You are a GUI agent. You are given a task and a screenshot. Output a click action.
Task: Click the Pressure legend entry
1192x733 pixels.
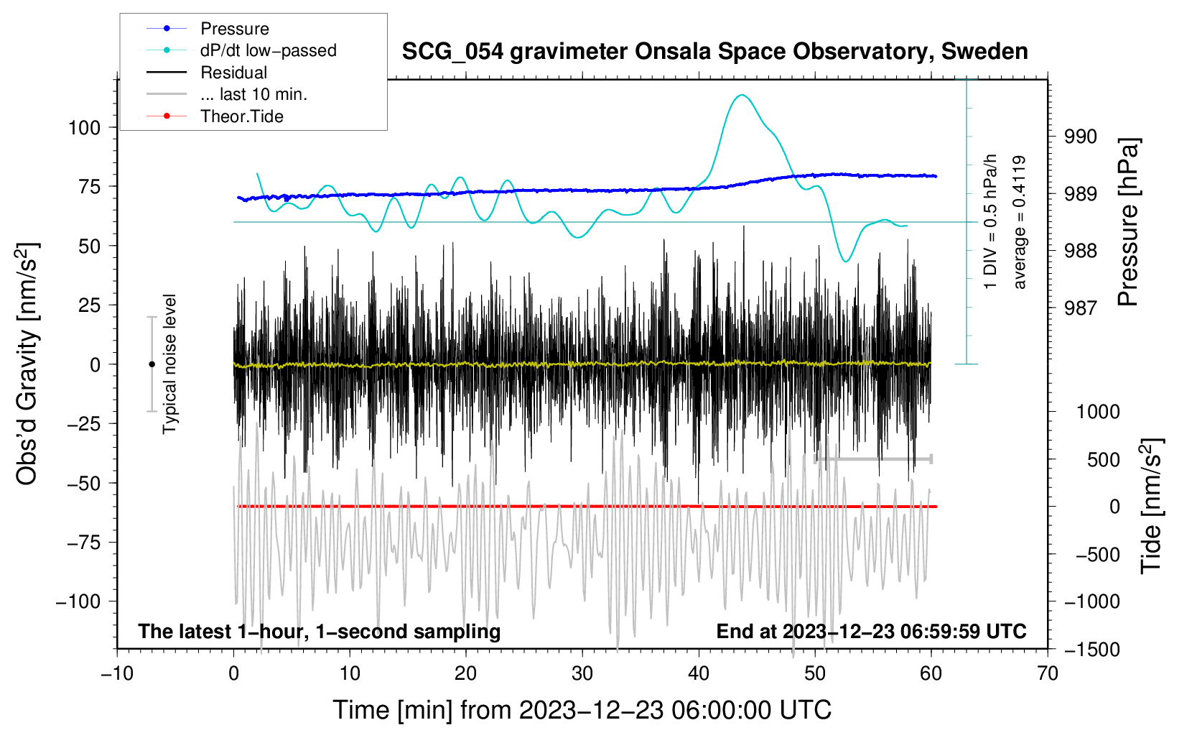click(x=234, y=29)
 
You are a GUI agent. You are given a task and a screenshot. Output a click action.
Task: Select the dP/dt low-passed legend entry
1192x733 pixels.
click(x=268, y=50)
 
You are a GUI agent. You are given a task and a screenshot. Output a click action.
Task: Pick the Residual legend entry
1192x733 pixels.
click(x=233, y=73)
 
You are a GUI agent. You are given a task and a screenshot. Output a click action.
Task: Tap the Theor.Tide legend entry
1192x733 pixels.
click(x=241, y=116)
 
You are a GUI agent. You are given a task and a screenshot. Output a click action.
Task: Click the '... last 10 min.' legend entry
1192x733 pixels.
click(x=253, y=94)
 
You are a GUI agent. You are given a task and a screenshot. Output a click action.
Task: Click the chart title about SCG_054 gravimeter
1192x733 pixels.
click(x=714, y=52)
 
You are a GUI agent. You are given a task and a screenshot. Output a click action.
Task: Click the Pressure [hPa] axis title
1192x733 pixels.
click(x=1128, y=222)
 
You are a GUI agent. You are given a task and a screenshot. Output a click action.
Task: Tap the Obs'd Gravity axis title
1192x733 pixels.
click(x=27, y=364)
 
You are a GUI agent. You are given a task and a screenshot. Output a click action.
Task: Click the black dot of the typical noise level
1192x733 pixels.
click(x=152, y=364)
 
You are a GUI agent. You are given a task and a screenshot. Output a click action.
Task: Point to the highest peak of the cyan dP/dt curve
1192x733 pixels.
click(x=742, y=95)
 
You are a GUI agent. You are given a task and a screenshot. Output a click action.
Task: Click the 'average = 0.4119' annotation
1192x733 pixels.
click(x=1020, y=222)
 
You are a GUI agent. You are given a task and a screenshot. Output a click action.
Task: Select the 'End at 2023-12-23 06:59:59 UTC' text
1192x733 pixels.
click(x=871, y=632)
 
